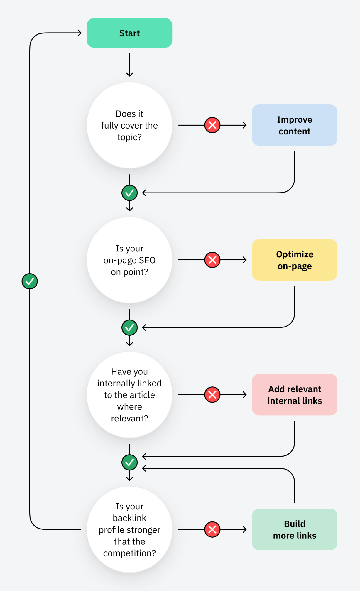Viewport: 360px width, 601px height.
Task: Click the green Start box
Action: pyautogui.click(x=129, y=33)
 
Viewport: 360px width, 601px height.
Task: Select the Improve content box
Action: pyautogui.click(x=294, y=125)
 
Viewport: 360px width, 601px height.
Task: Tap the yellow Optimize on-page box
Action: pyautogui.click(x=294, y=260)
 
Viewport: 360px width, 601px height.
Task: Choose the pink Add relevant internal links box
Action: pyautogui.click(x=294, y=395)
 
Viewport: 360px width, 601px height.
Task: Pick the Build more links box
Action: pyautogui.click(x=294, y=529)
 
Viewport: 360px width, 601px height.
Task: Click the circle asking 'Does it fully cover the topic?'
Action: pyautogui.click(x=129, y=125)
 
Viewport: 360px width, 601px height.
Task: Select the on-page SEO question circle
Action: pyautogui.click(x=129, y=260)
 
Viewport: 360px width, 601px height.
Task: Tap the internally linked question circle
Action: pyautogui.click(x=129, y=395)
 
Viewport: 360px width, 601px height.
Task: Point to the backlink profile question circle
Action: pyautogui.click(x=129, y=529)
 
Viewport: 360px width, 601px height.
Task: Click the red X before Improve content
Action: pyautogui.click(x=212, y=125)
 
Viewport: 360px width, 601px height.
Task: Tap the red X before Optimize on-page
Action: pyautogui.click(x=212, y=260)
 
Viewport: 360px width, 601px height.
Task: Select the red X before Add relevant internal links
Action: pyautogui.click(x=212, y=395)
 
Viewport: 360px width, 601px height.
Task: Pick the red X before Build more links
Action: pyautogui.click(x=212, y=529)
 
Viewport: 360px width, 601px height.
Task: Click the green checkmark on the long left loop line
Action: pyautogui.click(x=30, y=281)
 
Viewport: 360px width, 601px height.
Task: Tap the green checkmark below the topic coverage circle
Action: pyautogui.click(x=129, y=193)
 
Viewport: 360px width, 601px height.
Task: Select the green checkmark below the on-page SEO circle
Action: pyautogui.click(x=129, y=327)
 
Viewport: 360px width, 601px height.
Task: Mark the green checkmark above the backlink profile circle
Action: pyautogui.click(x=129, y=462)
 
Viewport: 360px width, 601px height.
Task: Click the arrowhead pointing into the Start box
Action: pyautogui.click(x=80, y=33)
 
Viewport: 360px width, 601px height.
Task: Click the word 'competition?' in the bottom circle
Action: pyautogui.click(x=129, y=553)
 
